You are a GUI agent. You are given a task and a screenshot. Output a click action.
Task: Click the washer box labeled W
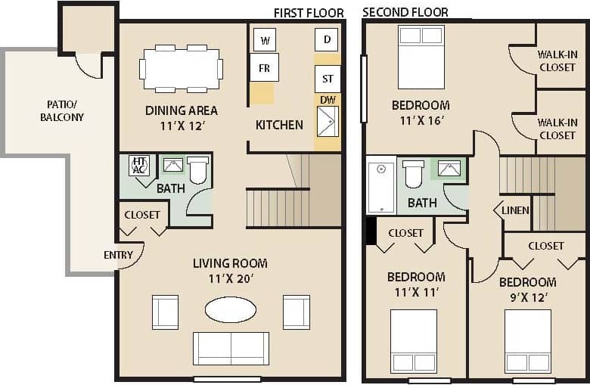(x=265, y=39)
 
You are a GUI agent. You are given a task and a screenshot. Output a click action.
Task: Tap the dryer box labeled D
(x=326, y=39)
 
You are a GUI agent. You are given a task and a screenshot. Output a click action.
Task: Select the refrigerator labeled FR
(x=264, y=67)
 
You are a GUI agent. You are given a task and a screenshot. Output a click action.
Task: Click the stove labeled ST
(x=327, y=79)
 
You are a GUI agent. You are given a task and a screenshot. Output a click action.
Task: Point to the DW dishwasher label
(x=328, y=100)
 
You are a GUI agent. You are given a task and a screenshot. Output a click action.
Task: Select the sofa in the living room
(x=230, y=348)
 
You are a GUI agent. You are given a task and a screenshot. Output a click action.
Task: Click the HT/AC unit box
(x=138, y=165)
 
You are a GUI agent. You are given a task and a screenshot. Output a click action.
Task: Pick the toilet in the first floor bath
(x=197, y=170)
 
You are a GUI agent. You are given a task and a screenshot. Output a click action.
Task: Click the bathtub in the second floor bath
(x=381, y=185)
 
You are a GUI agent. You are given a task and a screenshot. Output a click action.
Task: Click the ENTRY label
(x=118, y=255)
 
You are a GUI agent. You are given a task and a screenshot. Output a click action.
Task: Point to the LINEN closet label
(x=515, y=210)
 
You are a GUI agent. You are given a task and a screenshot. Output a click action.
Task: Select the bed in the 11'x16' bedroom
(x=421, y=57)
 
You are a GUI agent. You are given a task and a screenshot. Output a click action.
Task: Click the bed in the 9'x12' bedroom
(x=527, y=341)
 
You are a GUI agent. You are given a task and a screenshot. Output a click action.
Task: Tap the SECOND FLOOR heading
(x=405, y=12)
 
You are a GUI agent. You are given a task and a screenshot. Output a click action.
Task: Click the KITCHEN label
(x=279, y=125)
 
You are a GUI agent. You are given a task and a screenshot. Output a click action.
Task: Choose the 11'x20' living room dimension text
(x=230, y=278)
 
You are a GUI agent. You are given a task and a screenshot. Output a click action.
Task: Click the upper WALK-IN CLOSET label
(x=557, y=61)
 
